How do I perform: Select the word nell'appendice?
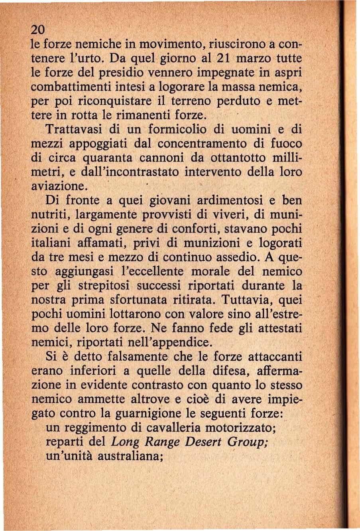pyautogui.click(x=171, y=342)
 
